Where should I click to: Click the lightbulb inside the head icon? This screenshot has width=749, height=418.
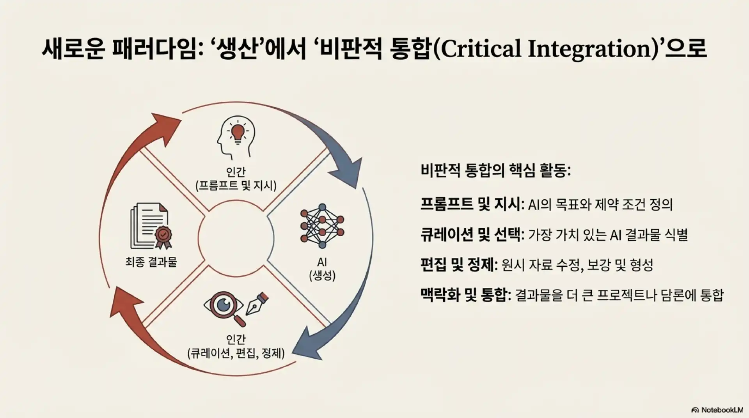(x=237, y=131)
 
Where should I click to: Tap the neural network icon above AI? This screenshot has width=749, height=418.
(x=322, y=226)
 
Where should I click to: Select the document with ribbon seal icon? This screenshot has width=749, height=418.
(x=150, y=226)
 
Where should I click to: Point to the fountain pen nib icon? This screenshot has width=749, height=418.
(x=256, y=303)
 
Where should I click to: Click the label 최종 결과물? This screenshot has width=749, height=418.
(x=151, y=262)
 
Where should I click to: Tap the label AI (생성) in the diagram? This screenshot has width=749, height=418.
(x=322, y=269)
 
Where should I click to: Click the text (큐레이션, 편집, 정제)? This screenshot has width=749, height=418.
(x=236, y=353)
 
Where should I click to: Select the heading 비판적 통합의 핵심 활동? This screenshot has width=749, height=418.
(x=496, y=171)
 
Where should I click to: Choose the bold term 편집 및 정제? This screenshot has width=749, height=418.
(x=458, y=265)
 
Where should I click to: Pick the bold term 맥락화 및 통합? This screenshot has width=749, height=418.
(x=465, y=295)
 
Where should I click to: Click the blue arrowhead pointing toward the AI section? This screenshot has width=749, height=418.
(x=345, y=172)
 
